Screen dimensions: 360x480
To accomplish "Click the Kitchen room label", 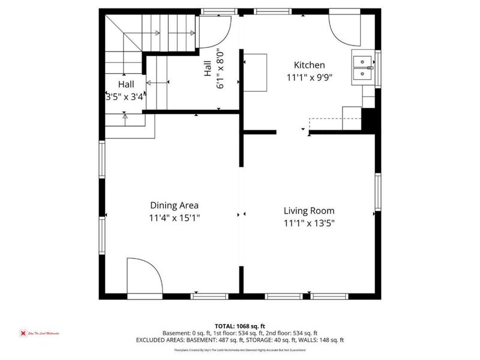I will [x=309, y=65].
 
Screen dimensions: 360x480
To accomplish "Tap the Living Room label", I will [x=309, y=211].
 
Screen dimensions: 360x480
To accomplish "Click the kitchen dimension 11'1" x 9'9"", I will [x=309, y=77].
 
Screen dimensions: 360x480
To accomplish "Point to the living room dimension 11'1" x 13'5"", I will [x=309, y=223].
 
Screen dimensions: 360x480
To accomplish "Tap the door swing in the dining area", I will [x=144, y=277].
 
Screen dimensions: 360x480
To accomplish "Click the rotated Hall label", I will [x=208, y=70].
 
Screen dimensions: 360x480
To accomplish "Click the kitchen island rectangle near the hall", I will [x=254, y=72].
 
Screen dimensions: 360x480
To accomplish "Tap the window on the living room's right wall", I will [x=378, y=192].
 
